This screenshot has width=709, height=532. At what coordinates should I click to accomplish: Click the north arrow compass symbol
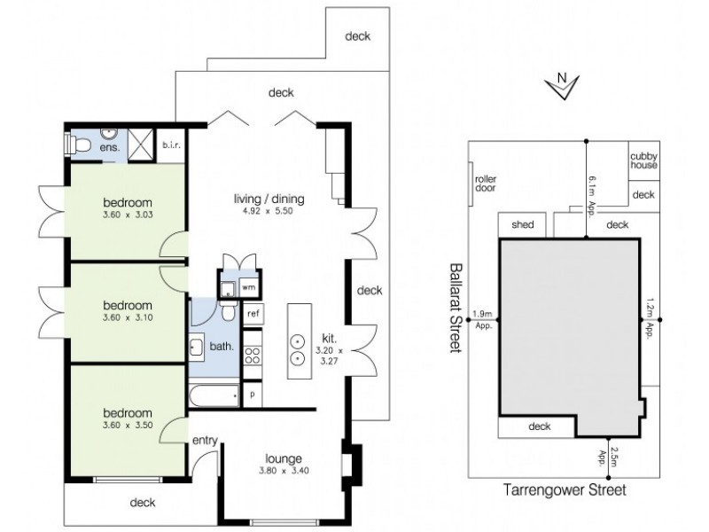point(562,86)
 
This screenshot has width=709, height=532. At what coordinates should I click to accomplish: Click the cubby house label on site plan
point(643,160)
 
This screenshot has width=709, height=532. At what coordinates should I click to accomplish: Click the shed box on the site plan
point(522,225)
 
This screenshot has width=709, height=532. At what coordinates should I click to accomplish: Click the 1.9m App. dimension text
point(483,318)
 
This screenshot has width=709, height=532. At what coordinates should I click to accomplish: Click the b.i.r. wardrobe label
point(170,146)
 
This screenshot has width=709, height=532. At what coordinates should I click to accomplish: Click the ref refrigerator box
point(253,314)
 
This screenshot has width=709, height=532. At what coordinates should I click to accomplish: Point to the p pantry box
point(253,393)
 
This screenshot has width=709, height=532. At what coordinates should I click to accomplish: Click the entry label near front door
point(205,441)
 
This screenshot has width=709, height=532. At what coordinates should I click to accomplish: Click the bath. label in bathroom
point(221,347)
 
